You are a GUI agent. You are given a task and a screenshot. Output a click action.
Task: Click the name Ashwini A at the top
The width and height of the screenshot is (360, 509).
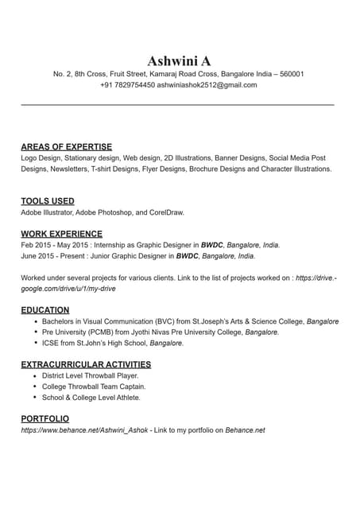pos(179,61)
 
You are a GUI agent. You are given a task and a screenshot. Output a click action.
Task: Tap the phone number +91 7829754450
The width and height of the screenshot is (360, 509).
pos(127,84)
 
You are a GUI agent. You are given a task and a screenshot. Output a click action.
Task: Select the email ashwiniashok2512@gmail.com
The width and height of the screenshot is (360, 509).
pos(207,84)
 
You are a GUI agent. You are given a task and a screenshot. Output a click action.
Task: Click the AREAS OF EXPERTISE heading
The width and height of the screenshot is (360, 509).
pos(66,147)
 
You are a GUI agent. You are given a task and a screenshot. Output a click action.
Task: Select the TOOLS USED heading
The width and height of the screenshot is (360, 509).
pos(48,201)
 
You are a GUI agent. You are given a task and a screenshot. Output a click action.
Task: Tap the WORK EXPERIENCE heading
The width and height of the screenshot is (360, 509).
pos(61,234)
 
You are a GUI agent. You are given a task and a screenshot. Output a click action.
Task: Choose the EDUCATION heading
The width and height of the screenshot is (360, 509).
pos(45,310)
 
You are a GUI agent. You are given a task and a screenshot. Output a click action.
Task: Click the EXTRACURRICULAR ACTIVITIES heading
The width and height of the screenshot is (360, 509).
pos(86,364)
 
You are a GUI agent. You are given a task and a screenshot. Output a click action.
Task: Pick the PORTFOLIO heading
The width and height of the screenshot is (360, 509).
pos(45,418)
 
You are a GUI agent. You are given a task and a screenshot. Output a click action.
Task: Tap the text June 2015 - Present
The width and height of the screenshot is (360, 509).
pos(53,256)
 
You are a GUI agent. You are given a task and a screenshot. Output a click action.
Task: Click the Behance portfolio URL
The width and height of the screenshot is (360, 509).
pos(84,430)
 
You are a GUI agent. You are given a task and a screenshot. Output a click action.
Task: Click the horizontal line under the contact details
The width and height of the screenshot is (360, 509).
pos(176,104)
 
